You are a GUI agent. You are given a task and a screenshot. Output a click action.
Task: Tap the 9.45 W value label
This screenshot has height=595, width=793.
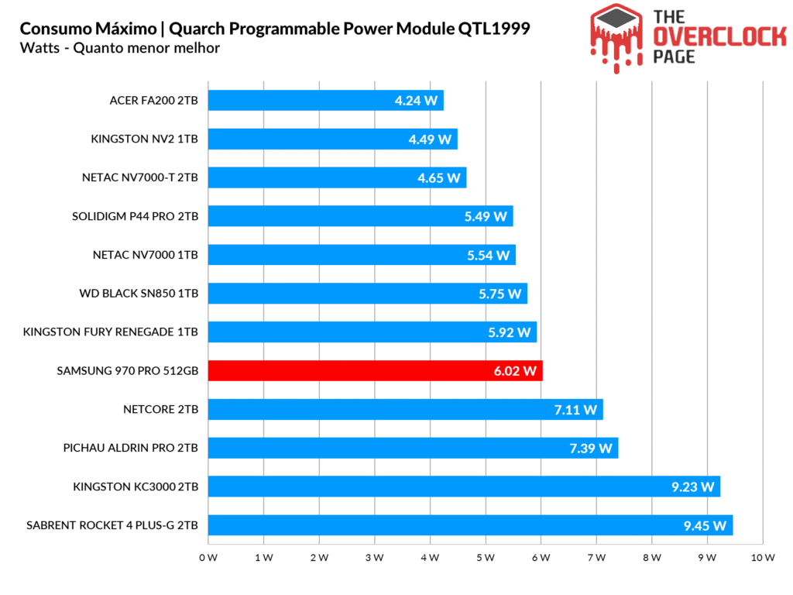pos(705,526)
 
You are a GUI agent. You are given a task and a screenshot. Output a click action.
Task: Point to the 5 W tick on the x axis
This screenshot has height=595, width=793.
pos(486,558)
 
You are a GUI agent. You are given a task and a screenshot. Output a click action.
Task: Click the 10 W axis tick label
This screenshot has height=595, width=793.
pos(763,558)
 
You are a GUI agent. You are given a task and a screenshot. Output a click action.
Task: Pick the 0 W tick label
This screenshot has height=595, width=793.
pos(208,558)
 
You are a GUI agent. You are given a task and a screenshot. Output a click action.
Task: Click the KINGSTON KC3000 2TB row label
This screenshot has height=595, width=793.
pos(136,487)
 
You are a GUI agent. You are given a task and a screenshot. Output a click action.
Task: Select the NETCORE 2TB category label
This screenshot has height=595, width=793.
pos(160,409)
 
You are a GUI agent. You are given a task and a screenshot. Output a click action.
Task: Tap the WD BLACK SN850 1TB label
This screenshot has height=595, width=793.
pos(139,294)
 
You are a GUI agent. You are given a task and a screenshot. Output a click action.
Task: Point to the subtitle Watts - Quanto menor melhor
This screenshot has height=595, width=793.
pos(120,48)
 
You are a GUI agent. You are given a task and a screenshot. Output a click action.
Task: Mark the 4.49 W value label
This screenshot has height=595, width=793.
pos(430,139)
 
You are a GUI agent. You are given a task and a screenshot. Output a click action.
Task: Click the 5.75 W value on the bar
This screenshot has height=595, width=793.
pos(499,294)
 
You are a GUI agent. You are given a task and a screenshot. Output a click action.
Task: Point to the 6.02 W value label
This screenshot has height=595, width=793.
pos(515,371)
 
